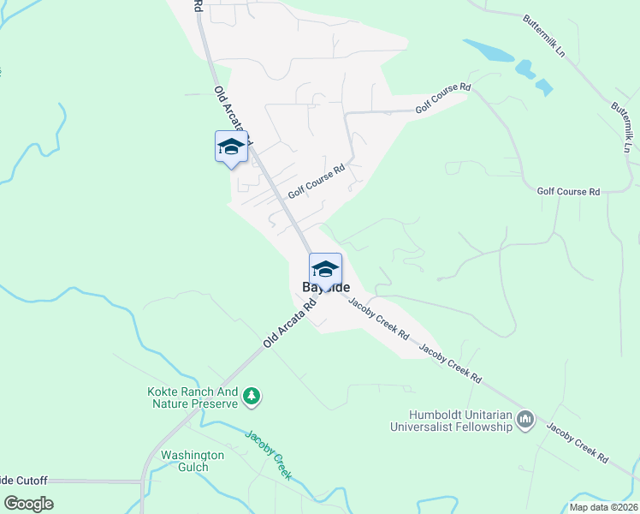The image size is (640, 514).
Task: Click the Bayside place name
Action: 325,288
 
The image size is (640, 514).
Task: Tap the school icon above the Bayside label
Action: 325,268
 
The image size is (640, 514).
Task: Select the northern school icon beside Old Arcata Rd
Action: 231,146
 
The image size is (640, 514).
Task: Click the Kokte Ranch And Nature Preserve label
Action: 192,398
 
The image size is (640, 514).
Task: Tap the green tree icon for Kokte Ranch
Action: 252,395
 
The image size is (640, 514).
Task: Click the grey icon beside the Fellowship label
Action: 526,419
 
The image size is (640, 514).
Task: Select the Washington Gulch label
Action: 193,461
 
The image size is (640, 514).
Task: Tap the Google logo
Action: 28,504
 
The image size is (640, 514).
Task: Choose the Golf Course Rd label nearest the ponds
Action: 443,99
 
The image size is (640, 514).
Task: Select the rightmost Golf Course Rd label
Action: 568,192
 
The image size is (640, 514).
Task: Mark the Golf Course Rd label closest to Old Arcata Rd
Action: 316,182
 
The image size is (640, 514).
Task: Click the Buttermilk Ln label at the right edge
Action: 622,128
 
